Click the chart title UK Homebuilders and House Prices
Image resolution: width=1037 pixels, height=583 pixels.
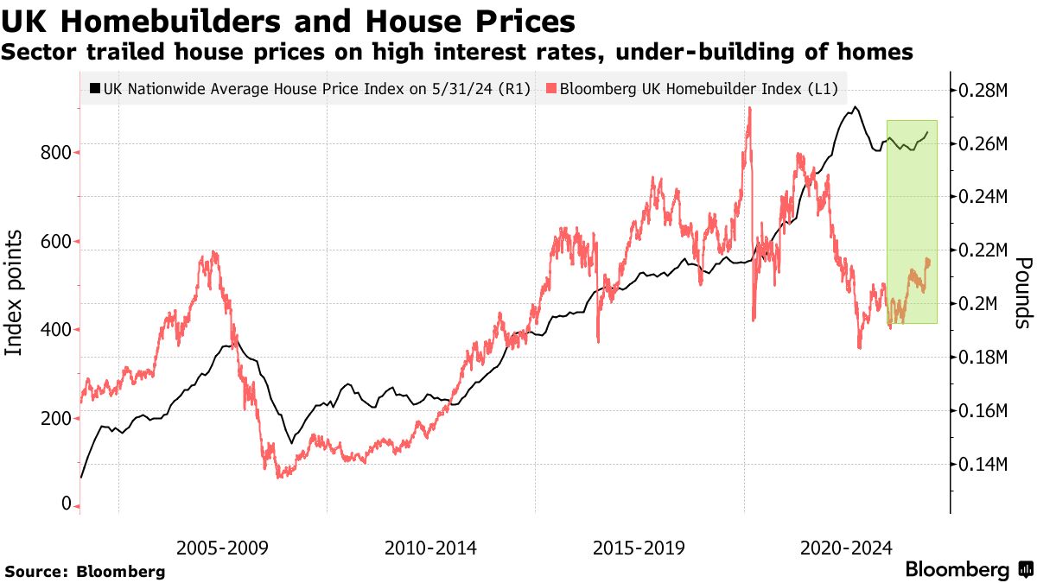pyautogui.click(x=289, y=20)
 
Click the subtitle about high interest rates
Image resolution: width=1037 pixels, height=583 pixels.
pyautogui.click(x=457, y=52)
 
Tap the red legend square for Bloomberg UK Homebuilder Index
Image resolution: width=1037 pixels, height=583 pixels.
pyautogui.click(x=552, y=88)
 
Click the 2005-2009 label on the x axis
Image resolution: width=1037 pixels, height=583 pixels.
pyautogui.click(x=221, y=548)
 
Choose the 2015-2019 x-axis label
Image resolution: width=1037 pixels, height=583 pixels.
pyautogui.click(x=639, y=548)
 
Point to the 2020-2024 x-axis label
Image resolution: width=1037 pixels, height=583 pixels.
pyautogui.click(x=846, y=548)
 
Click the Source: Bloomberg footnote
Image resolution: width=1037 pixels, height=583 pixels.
pyautogui.click(x=85, y=571)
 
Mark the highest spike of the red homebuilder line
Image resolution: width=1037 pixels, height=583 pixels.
pyautogui.click(x=749, y=108)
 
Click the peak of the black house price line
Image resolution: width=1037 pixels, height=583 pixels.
pyautogui.click(x=855, y=107)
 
